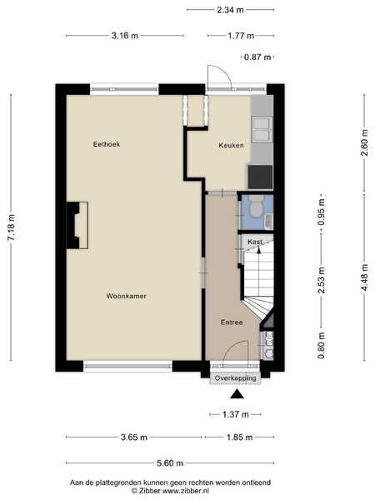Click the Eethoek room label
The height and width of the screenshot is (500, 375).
click(107, 144)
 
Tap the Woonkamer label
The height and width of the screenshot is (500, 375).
click(127, 296)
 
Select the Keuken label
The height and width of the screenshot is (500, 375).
click(231, 145)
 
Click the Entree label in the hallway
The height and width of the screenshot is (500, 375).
click(232, 322)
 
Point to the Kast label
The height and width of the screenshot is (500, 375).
click(255, 242)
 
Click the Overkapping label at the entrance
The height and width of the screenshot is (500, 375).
click(235, 378)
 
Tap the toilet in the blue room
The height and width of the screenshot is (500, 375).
click(256, 207)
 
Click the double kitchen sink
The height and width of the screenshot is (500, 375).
click(262, 129)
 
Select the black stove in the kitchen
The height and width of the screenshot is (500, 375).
click(260, 177)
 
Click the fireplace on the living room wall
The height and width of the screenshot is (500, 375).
click(77, 225)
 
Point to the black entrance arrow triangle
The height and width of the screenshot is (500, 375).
click(237, 395)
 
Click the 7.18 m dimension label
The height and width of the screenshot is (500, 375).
click(11, 227)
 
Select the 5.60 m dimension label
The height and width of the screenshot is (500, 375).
click(170, 463)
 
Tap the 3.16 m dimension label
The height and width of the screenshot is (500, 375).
click(125, 36)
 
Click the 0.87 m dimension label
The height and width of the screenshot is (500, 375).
click(257, 57)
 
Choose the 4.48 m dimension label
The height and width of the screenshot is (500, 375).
click(364, 277)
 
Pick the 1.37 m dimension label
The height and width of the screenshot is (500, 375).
click(235, 414)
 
